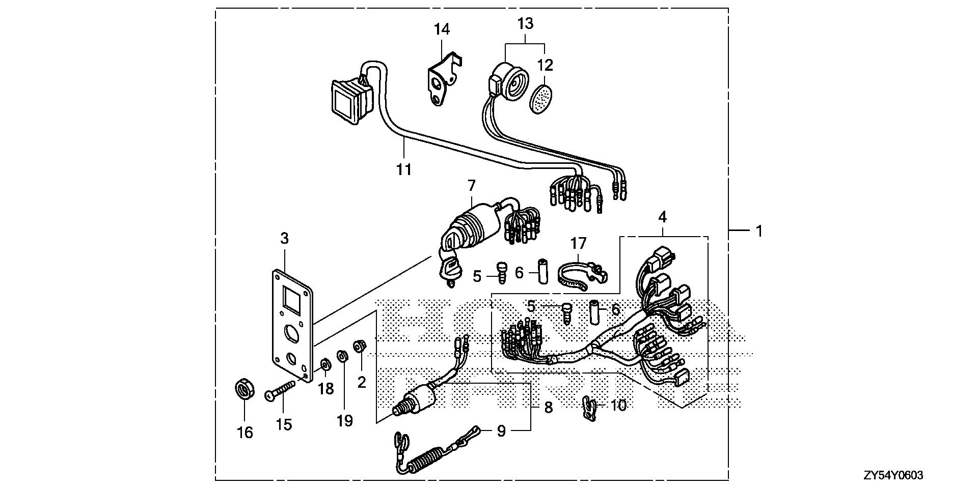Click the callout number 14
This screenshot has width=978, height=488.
(x=442, y=30)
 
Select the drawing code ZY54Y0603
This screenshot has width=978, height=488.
(x=892, y=476)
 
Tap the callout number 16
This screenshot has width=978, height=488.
(x=245, y=433)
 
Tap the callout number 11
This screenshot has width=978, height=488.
(x=404, y=169)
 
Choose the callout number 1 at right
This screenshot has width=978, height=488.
(x=759, y=231)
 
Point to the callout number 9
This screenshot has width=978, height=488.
(x=501, y=432)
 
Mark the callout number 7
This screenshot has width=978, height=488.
(x=471, y=185)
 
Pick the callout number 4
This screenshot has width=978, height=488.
(x=662, y=217)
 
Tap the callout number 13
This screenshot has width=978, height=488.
(x=525, y=23)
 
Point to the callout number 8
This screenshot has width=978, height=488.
(x=548, y=408)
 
